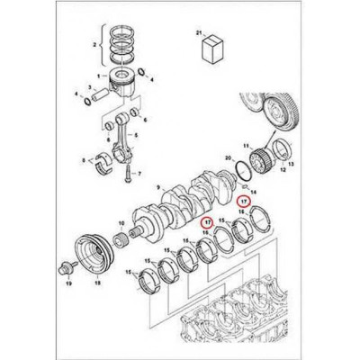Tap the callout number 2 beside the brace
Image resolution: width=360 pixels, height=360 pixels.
tap(94, 42)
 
